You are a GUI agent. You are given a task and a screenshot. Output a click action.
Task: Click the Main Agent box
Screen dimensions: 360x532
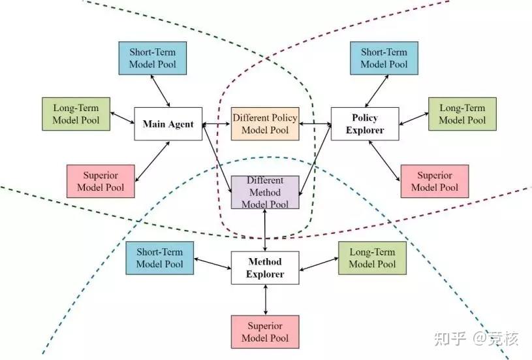168,124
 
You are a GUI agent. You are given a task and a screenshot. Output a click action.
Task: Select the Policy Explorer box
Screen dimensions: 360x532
364,124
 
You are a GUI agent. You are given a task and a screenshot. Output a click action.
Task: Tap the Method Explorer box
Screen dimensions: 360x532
265,268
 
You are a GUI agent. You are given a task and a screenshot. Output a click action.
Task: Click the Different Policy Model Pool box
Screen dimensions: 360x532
265,124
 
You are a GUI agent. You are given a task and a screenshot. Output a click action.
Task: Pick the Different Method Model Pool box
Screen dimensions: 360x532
265,192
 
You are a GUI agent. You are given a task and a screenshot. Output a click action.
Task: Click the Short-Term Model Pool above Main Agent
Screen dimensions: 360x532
153,58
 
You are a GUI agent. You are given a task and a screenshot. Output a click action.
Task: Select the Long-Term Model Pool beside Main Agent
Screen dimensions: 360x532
75,114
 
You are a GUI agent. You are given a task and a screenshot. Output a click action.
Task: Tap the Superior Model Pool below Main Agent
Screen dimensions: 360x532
101,181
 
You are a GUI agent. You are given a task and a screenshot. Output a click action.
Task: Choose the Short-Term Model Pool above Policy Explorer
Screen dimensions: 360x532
384,58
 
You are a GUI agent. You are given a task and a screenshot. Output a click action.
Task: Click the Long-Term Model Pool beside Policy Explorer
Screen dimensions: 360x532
462,114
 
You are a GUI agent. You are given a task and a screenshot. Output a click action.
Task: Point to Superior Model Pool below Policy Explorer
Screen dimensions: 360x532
435,181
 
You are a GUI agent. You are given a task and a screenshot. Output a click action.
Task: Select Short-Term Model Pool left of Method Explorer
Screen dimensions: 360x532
160,258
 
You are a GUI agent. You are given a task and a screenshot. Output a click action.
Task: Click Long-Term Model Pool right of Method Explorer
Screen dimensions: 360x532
372,258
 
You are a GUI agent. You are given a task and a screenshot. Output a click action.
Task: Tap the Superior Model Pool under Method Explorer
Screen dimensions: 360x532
265,332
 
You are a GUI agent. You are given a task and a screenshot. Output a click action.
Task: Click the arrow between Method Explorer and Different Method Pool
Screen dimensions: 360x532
265,230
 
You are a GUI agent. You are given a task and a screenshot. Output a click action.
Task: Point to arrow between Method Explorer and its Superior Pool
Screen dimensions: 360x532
265,300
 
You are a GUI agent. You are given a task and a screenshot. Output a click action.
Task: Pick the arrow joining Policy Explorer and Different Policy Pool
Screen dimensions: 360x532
315,123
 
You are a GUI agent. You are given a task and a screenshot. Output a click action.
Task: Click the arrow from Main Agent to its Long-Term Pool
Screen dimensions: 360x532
122,118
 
